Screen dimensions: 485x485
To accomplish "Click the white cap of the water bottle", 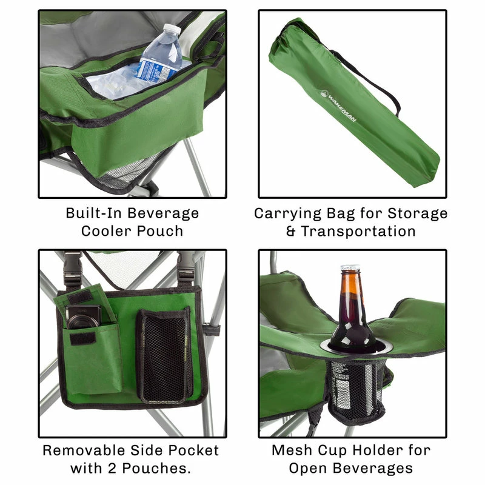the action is click(172, 28).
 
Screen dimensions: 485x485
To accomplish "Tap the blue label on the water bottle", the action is click(154, 72).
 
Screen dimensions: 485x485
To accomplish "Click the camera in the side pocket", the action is click(84, 316).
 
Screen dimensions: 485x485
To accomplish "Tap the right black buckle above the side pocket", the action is click(186, 267).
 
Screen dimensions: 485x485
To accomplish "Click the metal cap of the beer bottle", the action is click(350, 267).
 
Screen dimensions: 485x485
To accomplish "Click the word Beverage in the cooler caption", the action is click(163, 214).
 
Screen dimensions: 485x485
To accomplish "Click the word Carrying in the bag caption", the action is click(287, 214).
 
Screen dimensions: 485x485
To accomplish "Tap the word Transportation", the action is click(358, 231).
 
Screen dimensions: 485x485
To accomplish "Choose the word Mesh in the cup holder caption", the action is click(292, 450).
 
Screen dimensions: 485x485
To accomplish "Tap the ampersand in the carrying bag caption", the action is click(291, 232).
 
